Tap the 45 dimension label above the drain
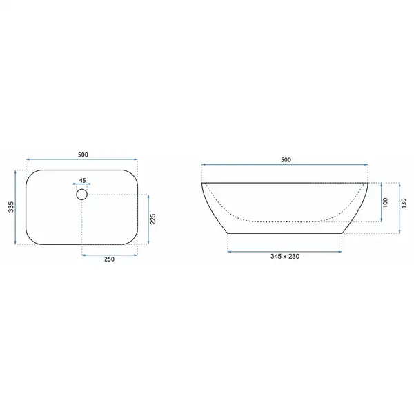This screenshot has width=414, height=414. (82, 180)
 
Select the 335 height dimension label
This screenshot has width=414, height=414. (11, 207)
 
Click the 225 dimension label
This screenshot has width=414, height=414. (153, 219)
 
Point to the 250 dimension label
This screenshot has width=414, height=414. (109, 259)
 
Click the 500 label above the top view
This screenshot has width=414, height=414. (83, 155)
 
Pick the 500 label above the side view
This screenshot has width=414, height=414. (286, 160)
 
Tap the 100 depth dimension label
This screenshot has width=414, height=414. (386, 202)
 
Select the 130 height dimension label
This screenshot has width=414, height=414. (404, 203)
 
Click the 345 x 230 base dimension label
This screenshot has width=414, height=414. (285, 257)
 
